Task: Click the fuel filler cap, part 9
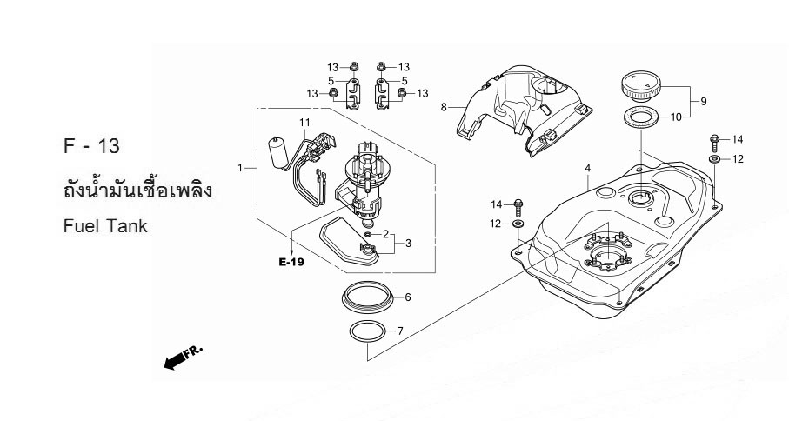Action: tap(641, 86)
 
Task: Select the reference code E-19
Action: tap(291, 262)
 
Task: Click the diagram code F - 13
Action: tap(91, 146)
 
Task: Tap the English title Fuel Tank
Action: tap(105, 226)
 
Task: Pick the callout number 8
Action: tap(444, 107)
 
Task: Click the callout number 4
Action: tap(587, 168)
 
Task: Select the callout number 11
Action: tap(304, 123)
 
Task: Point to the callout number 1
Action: tap(240, 168)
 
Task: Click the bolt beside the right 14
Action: tap(713, 143)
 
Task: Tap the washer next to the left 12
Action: tap(518, 224)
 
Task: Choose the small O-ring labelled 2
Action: tap(368, 234)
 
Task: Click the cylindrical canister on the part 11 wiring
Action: tap(277, 151)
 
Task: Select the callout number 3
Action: tap(408, 244)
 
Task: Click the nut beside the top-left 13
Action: tap(354, 66)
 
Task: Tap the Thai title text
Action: tap(137, 190)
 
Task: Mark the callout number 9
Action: tap(704, 102)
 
